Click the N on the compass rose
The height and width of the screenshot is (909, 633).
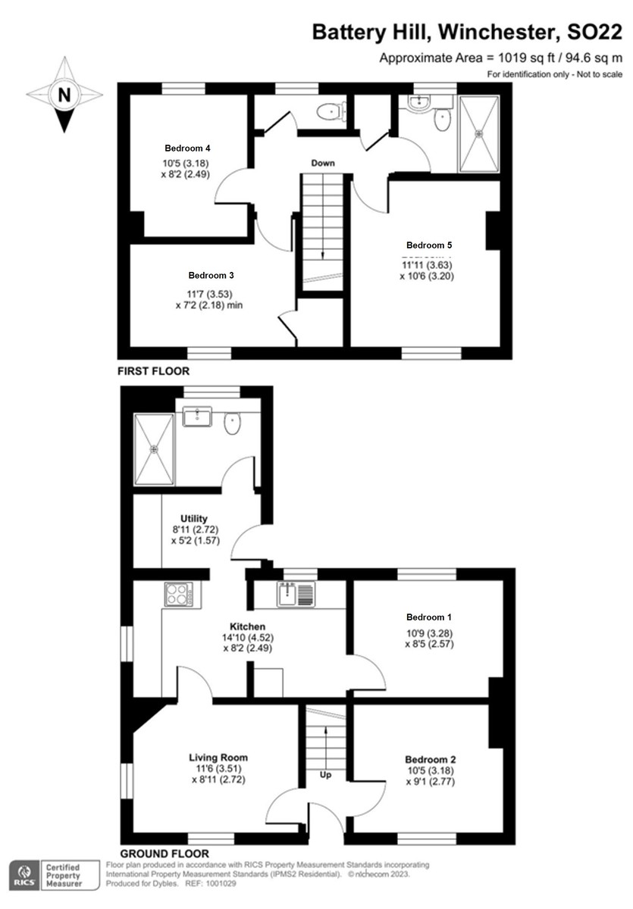pos(64,95)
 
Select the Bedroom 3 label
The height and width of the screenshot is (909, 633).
pos(211,276)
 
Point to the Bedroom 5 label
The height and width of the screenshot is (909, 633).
pos(429,245)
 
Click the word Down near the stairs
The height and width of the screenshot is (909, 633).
pos(322,163)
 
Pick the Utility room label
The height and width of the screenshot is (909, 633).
pos(194,519)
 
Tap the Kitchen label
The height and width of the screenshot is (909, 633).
pos(248,626)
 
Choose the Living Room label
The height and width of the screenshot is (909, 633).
pos(218,757)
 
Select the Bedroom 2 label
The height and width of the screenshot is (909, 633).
pos(430,760)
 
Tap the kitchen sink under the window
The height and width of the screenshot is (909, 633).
pos(295,594)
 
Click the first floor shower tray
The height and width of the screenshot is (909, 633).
pos(479,134)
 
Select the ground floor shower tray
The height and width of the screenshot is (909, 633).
pos(154,448)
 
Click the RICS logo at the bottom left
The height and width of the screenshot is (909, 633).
pos(24,876)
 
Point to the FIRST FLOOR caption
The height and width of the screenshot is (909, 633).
pos(152,372)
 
